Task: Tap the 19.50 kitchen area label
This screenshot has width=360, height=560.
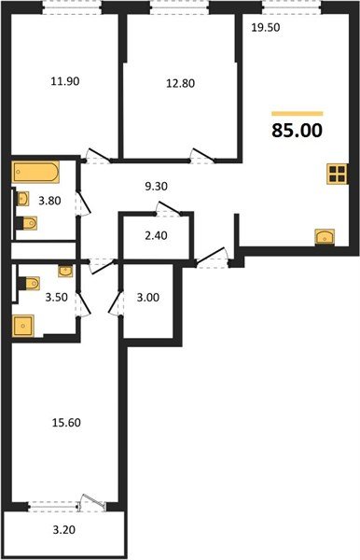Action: pos(266,28)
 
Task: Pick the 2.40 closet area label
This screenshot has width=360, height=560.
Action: pos(156,237)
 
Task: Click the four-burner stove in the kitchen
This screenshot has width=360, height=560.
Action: pos(337,174)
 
